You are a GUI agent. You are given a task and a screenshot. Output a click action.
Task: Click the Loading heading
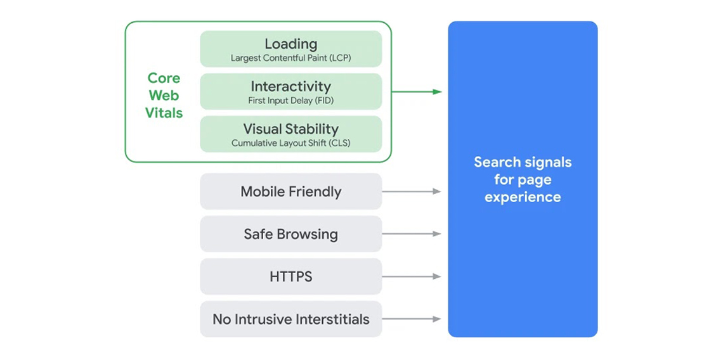(x=290, y=44)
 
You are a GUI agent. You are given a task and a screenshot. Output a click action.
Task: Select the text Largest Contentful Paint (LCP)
(x=290, y=58)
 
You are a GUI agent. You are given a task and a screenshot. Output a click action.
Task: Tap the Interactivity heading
(x=290, y=86)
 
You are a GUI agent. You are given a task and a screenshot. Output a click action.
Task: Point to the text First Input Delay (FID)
(x=290, y=101)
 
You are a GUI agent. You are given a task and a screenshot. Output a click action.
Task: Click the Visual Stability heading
(x=290, y=129)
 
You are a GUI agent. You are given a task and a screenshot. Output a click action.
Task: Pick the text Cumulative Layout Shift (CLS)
(x=290, y=143)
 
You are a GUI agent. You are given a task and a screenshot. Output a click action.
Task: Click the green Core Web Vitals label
(x=164, y=96)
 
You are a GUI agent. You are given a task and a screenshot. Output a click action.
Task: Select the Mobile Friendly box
(x=290, y=191)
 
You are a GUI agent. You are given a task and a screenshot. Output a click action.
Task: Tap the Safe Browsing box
(x=290, y=234)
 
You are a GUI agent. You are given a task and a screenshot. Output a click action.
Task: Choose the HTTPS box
(x=290, y=276)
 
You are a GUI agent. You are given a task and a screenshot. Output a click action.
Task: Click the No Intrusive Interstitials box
(x=290, y=319)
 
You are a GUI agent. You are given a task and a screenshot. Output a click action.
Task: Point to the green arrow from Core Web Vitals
(x=416, y=92)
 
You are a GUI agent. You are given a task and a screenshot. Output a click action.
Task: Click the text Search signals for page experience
(x=523, y=179)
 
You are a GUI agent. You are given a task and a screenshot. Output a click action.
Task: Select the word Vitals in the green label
(x=164, y=113)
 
